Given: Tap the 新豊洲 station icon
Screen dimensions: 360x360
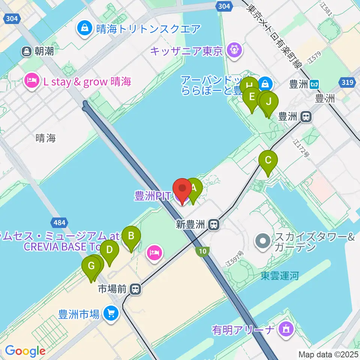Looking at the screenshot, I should pyautogui.click(x=214, y=225).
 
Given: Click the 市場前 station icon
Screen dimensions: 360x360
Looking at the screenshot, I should pyautogui.click(x=136, y=289).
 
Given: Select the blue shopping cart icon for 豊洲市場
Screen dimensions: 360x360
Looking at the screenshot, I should pyautogui.click(x=111, y=313).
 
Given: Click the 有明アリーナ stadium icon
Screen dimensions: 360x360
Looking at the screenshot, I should pyautogui.click(x=286, y=330).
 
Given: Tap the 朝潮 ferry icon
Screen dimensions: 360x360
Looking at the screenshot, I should pyautogui.click(x=26, y=51).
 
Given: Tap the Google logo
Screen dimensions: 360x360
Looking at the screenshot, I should pyautogui.click(x=25, y=351).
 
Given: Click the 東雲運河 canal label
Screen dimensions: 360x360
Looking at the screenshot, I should pyautogui.click(x=280, y=276).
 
